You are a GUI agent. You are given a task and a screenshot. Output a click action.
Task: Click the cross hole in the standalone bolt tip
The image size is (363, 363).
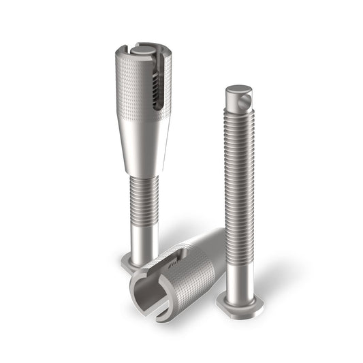click(x=246, y=104)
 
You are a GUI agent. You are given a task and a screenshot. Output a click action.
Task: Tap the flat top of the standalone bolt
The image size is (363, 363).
click(x=238, y=89)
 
